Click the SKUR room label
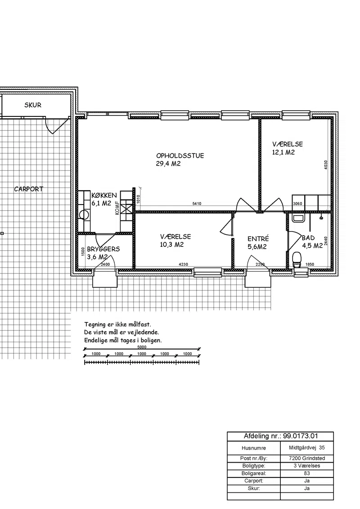point(33,105)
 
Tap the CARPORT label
point(29,189)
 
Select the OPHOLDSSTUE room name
point(180,156)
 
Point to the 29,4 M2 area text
point(168,164)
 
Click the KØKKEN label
point(104,196)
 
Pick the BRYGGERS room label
point(103,249)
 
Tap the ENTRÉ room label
point(258,239)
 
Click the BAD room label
point(308,238)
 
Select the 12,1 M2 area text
point(283,152)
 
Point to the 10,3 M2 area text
point(172,245)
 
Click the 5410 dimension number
point(197,204)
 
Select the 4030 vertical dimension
point(326,165)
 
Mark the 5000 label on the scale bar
point(142,347)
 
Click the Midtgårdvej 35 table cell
point(307,448)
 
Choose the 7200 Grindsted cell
point(307,458)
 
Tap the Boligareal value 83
point(307,473)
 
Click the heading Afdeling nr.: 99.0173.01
point(281,436)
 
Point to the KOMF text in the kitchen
point(117,208)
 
